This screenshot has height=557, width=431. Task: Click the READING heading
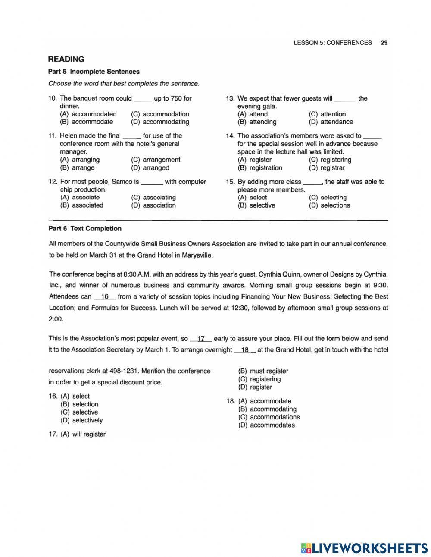pos(66,59)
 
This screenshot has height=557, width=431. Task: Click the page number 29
pos(384,43)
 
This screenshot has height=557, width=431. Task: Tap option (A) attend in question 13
pos(253,114)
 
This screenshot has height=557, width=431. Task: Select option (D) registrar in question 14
pos(327,168)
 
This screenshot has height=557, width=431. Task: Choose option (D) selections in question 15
pos(329,205)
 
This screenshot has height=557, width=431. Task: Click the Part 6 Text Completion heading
pos(85,229)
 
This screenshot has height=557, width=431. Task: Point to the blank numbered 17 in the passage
pos(200,339)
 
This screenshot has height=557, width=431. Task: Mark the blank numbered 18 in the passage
pos(245,350)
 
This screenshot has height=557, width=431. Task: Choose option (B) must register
pos(263,371)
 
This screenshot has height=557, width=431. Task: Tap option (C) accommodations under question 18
pos(269,417)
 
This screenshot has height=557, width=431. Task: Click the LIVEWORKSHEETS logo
pos(364,548)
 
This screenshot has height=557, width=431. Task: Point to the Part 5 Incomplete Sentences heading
pos(94,72)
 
